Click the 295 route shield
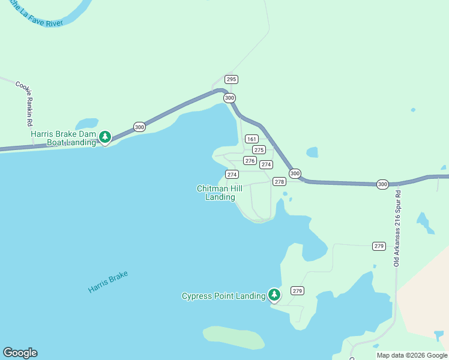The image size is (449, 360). tap(232, 79)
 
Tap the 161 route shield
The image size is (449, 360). tap(252, 139)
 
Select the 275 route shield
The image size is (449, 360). tap(259, 150)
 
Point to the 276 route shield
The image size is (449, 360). tap(250, 161)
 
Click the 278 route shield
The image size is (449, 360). tap(279, 181)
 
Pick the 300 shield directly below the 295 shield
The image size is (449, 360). tap(229, 98)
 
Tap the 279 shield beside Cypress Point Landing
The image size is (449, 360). tap(297, 290)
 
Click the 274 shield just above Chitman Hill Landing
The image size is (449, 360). tap(232, 174)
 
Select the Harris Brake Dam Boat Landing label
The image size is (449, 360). tap(64, 138)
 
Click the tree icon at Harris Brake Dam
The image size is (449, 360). tap(105, 137)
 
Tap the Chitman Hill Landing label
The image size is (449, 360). tap(220, 193)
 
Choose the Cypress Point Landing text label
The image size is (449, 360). tap(223, 296)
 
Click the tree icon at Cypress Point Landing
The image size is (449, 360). tap(274, 295)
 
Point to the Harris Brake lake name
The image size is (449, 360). tap(108, 282)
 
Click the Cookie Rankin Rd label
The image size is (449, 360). tap(25, 103)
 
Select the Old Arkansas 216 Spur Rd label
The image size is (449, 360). tap(396, 228)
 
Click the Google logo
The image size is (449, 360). tap(20, 353)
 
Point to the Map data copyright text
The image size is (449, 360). tap(412, 355)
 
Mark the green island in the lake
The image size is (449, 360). tap(234, 337)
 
